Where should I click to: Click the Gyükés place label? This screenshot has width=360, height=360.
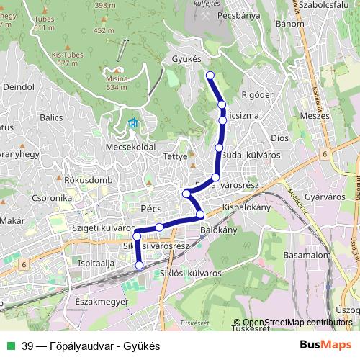point(186,58)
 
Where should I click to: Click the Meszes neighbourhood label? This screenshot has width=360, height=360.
point(314,114)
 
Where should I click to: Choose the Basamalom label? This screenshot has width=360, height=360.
point(305,255)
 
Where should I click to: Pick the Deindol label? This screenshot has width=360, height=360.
point(19,86)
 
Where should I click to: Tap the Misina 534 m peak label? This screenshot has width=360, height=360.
point(117,82)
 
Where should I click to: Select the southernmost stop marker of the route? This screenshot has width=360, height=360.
point(139,265)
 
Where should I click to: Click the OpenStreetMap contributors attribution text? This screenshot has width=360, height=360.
point(297,323)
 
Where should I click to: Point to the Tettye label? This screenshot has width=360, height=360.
point(176,156)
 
